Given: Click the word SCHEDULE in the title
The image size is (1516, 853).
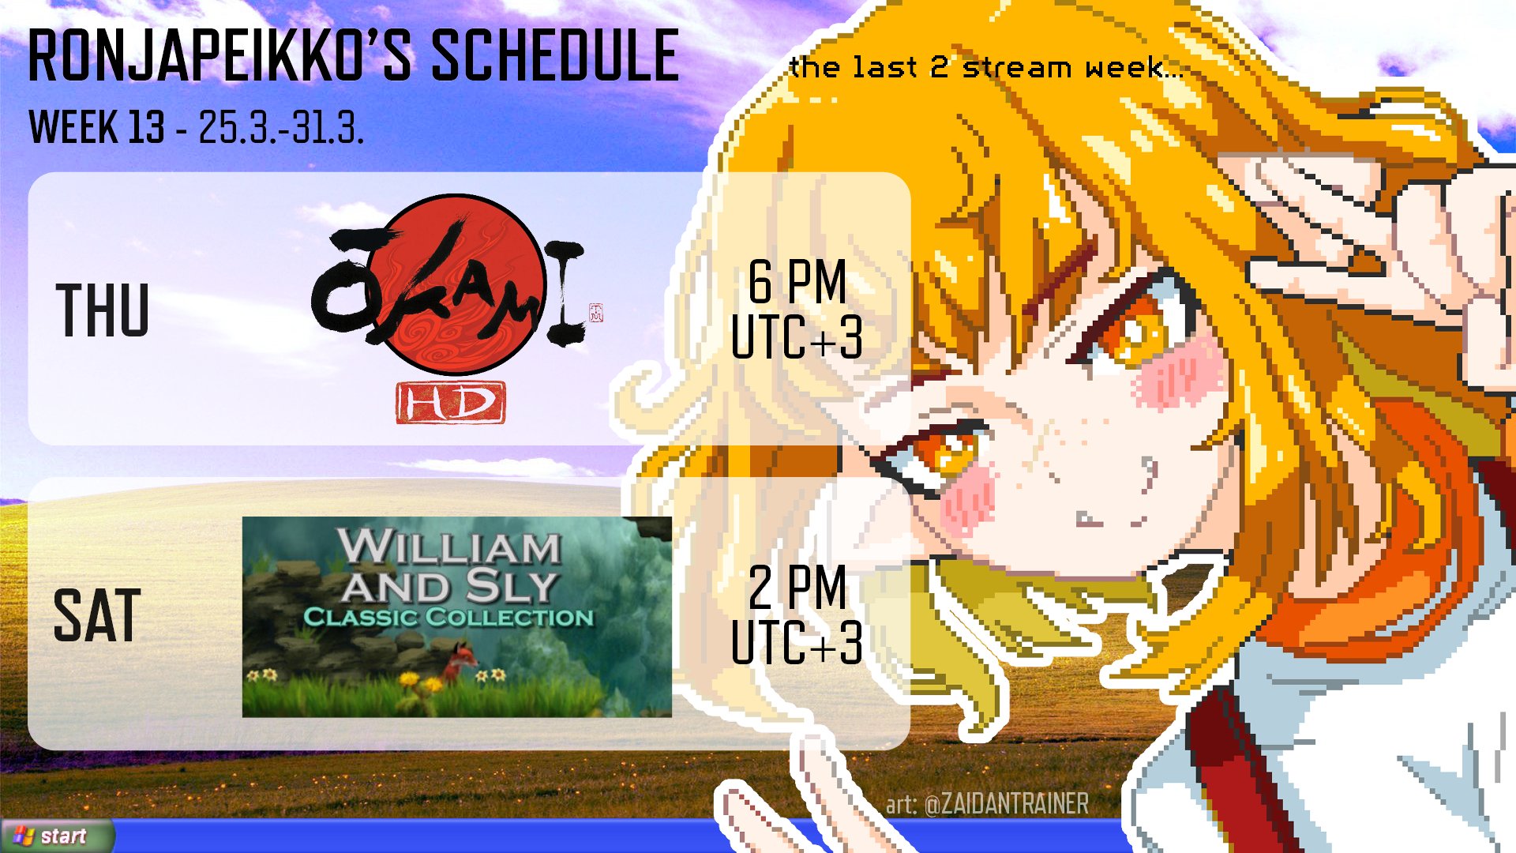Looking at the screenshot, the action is (555, 55).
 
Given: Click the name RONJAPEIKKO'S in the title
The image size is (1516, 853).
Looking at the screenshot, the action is (220, 55).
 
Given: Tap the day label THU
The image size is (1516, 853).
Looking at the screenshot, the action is (103, 310).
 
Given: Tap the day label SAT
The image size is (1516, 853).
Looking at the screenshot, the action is (97, 615).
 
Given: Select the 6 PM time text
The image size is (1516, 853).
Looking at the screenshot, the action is (797, 281).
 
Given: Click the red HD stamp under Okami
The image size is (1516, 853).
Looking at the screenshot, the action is (451, 403).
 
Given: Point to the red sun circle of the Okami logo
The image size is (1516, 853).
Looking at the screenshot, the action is (454, 284).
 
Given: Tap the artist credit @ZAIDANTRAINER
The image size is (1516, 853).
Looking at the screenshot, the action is (1006, 804).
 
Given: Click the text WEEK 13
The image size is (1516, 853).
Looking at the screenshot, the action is (96, 126).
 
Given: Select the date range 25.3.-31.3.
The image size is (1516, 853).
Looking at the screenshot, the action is (281, 126).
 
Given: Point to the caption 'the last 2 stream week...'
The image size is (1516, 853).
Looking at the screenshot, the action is (986, 67).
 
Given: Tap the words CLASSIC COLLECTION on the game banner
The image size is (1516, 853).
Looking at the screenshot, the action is (448, 617).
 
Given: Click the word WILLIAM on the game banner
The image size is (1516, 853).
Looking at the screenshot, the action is (450, 546).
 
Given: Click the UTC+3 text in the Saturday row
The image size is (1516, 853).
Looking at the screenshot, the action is (797, 642).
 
